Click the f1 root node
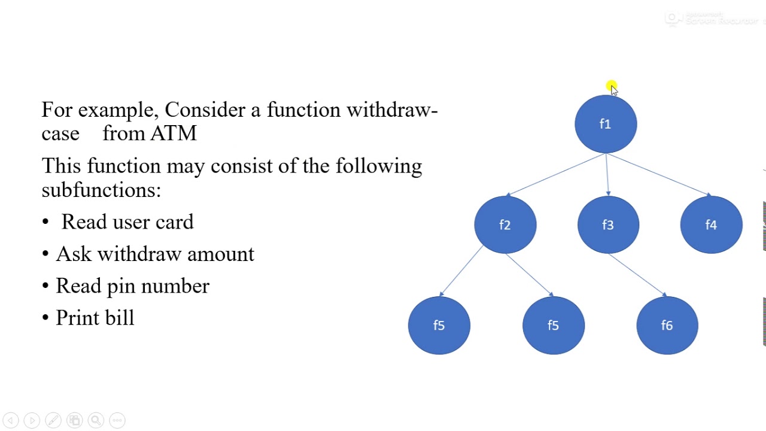coord(606,124)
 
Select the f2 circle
coord(505,224)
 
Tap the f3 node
coord(608,224)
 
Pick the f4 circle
coord(711,224)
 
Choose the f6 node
coord(667,325)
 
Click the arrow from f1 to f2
coord(557,174)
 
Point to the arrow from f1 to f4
coord(658,174)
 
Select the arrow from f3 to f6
coord(637,275)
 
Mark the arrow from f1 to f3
coord(607,174)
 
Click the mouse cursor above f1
coord(612,89)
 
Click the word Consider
coord(205,110)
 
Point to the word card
coord(174,222)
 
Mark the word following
coord(378,166)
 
